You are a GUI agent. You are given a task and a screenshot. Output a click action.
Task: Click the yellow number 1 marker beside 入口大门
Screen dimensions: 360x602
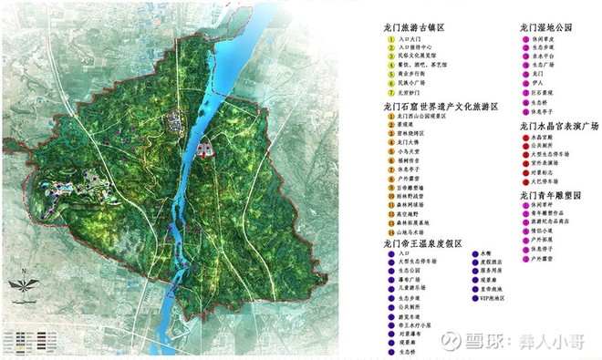(x=389, y=42)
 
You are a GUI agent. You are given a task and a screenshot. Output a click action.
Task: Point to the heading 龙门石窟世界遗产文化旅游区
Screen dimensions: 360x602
(x=441, y=108)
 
